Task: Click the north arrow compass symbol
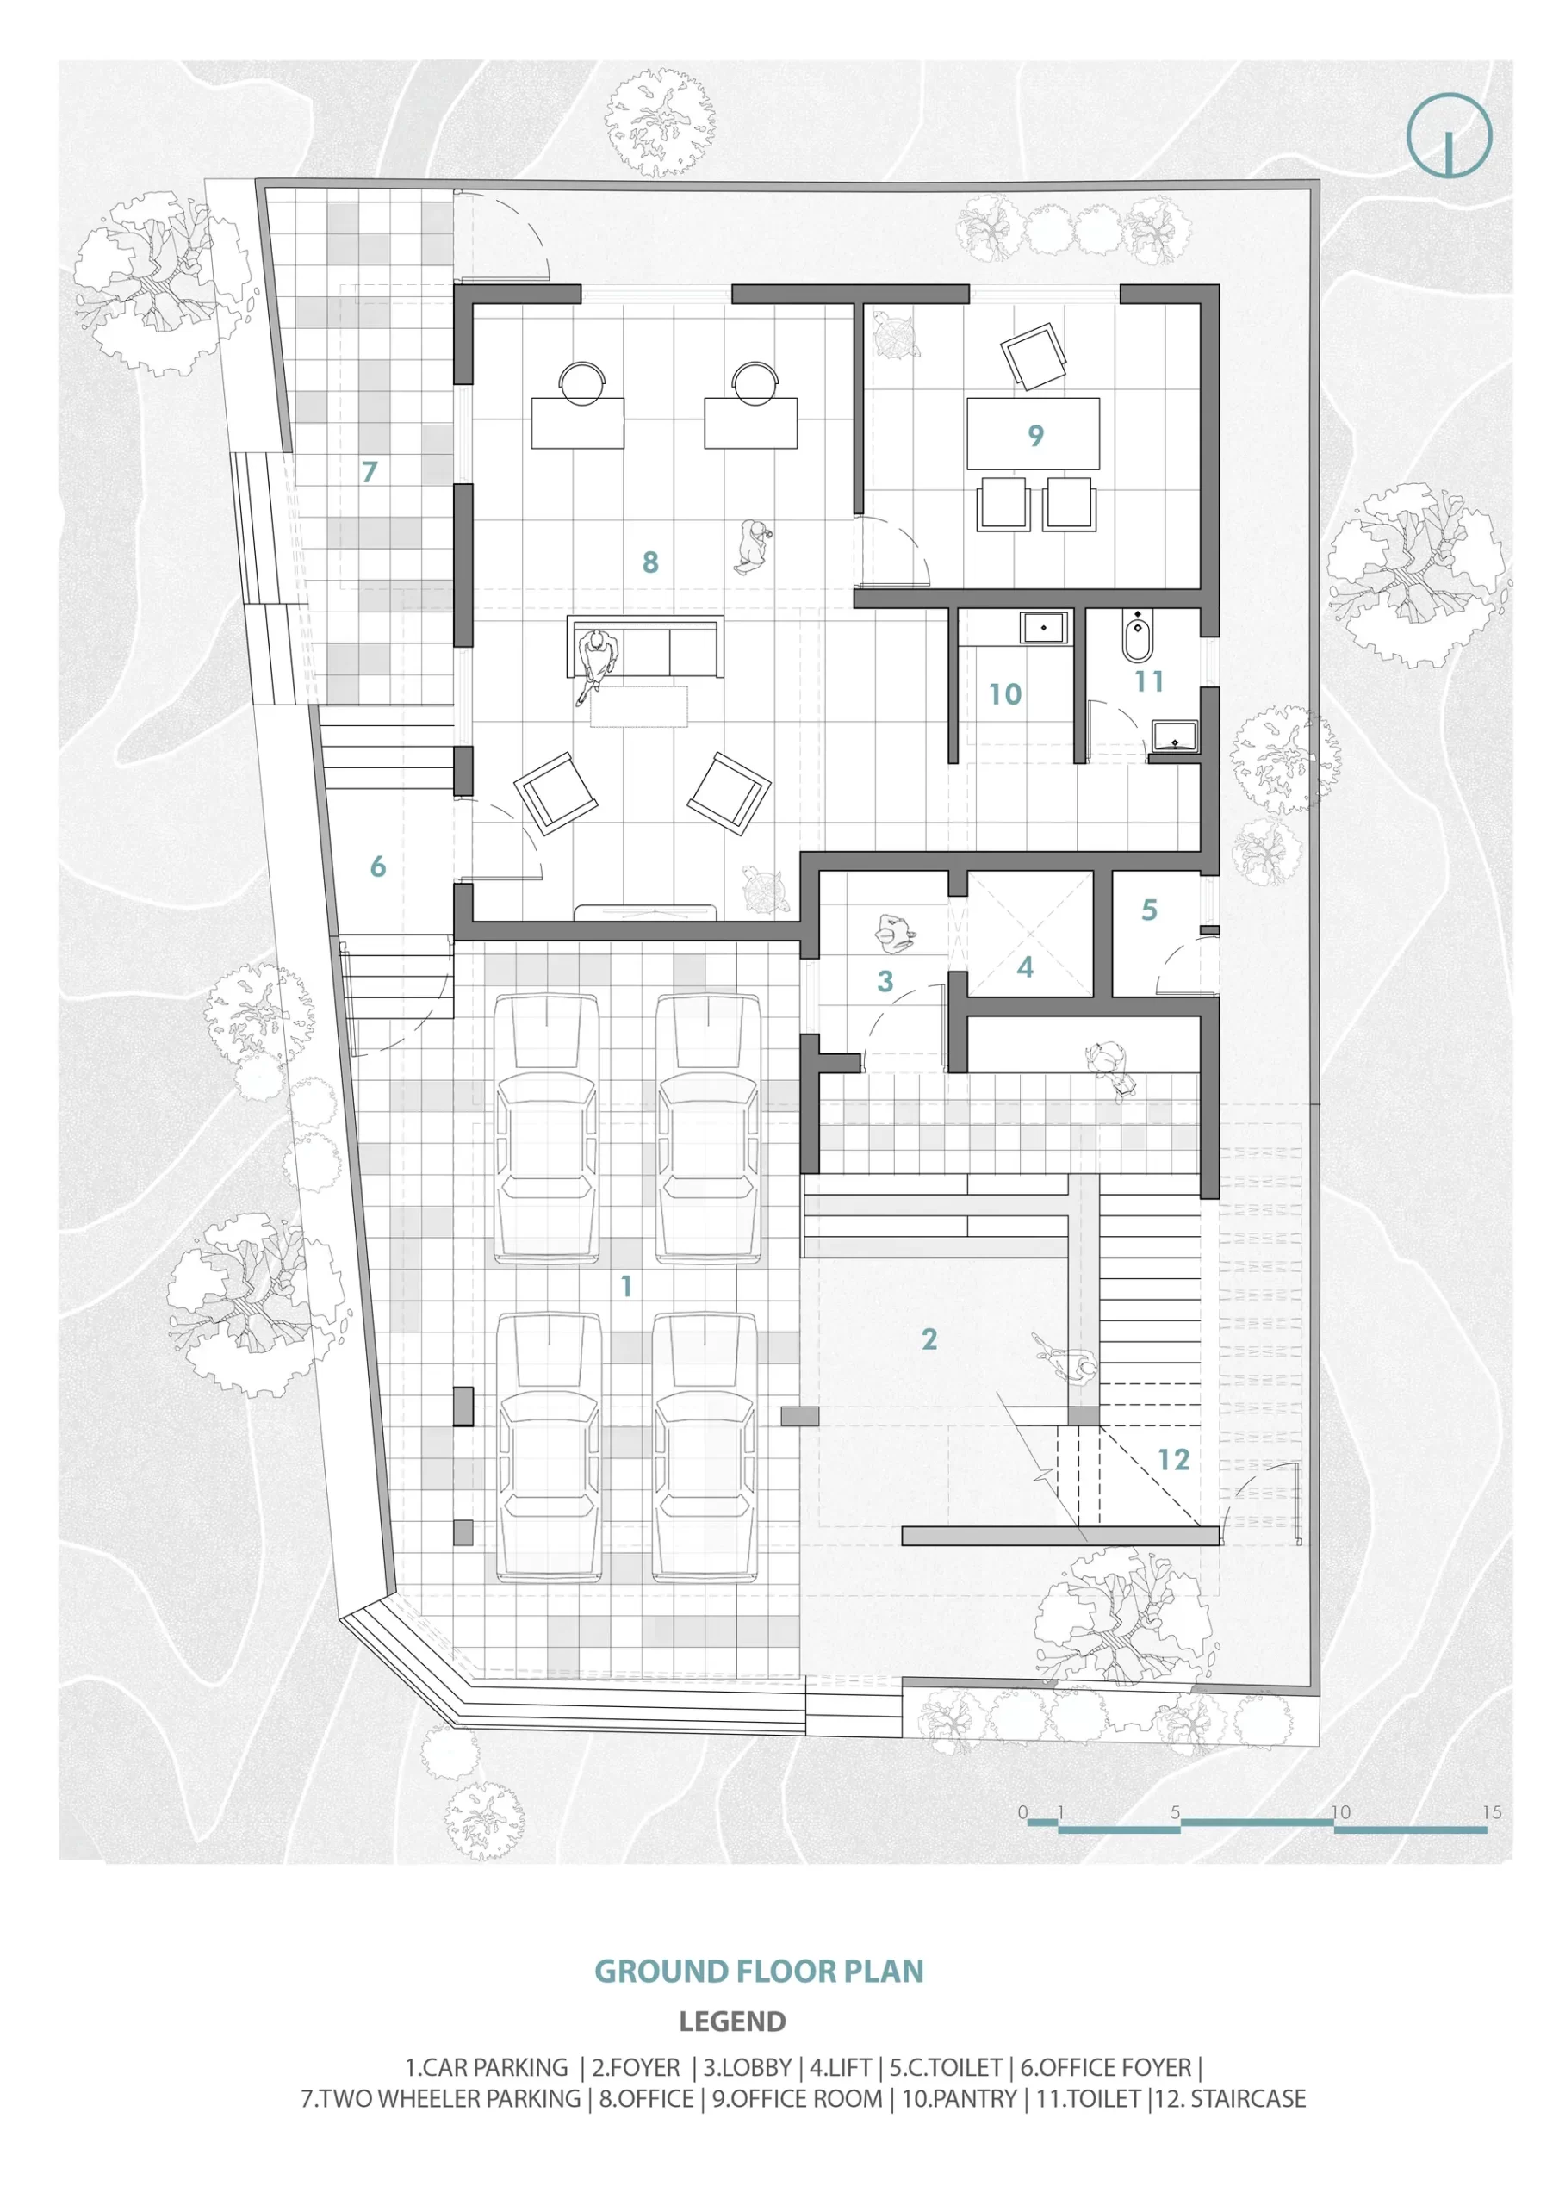(x=1449, y=135)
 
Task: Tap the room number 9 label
(x=1035, y=435)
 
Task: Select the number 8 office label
(x=650, y=562)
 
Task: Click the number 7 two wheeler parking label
(x=369, y=471)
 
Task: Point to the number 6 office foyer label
(x=377, y=866)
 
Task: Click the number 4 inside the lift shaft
(x=1025, y=967)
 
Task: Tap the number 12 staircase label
(x=1173, y=1460)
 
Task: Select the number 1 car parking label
(x=626, y=1286)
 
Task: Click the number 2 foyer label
(x=929, y=1339)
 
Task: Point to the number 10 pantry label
(x=1005, y=694)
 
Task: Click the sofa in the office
(x=644, y=649)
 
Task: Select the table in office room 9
(x=1033, y=434)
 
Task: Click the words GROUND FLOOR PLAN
(x=759, y=1971)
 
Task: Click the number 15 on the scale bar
(x=1491, y=1812)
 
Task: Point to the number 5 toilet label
(x=1149, y=910)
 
